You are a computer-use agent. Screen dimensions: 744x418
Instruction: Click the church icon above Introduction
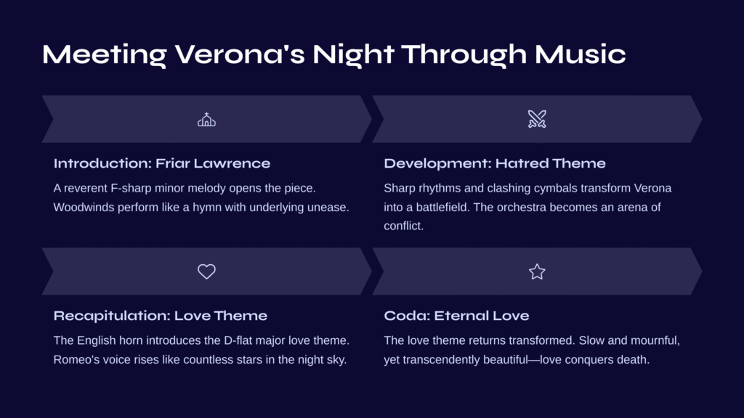pyautogui.click(x=206, y=120)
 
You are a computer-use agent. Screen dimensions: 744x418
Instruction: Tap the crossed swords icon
pyautogui.click(x=537, y=120)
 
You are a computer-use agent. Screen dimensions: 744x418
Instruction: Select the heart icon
pyautogui.click(x=206, y=271)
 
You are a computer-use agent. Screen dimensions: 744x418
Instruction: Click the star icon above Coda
pyautogui.click(x=537, y=271)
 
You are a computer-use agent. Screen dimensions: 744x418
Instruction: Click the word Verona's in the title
pyautogui.click(x=240, y=54)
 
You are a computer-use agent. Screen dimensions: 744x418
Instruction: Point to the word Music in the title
pyautogui.click(x=581, y=54)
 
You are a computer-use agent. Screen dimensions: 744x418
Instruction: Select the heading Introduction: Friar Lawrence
pyautogui.click(x=162, y=163)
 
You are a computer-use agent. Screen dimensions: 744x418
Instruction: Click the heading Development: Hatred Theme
pyautogui.click(x=494, y=163)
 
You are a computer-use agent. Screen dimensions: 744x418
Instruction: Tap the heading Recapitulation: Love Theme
pyautogui.click(x=161, y=316)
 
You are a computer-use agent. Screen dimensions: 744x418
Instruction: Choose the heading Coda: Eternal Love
pyautogui.click(x=456, y=316)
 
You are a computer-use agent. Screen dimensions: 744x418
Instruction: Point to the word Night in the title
pyautogui.click(x=354, y=54)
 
